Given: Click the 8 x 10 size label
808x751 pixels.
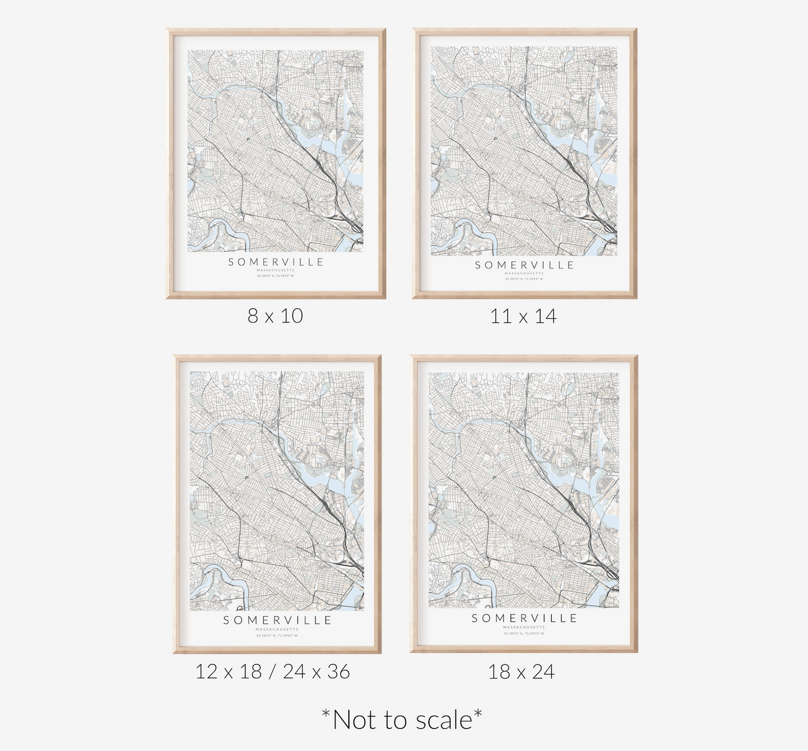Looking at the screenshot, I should coord(275,316).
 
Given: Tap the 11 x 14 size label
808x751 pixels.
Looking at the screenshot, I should coord(523,317).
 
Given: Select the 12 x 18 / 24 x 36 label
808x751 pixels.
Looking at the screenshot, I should coord(272,672).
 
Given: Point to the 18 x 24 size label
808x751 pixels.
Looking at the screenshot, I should coord(521,672).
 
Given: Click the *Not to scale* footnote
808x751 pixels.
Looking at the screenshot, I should coord(402,720).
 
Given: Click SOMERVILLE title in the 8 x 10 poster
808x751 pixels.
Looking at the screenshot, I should coord(276,262).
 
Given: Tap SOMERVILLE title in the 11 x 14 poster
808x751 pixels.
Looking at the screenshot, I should coord(524,265).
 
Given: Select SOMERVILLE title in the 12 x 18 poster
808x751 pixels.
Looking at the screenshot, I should coord(277,620).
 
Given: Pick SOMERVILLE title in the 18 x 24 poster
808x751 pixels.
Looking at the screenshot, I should coord(524,618).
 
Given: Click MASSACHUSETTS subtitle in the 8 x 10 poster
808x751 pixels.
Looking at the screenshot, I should coord(275,270).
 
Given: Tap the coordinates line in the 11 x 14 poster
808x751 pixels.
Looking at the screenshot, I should coord(524,278).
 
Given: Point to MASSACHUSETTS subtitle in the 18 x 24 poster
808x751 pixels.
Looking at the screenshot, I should coord(524,627).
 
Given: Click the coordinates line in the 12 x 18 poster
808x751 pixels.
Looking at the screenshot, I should coord(277,635).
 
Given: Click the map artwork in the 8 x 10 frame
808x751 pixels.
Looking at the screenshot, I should coord(275,151).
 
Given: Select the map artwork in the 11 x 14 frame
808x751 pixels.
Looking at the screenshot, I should coord(524,151).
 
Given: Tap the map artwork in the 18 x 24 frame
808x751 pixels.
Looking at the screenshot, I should coord(524,490).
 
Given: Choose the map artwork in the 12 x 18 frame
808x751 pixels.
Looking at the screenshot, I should coord(277,491).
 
